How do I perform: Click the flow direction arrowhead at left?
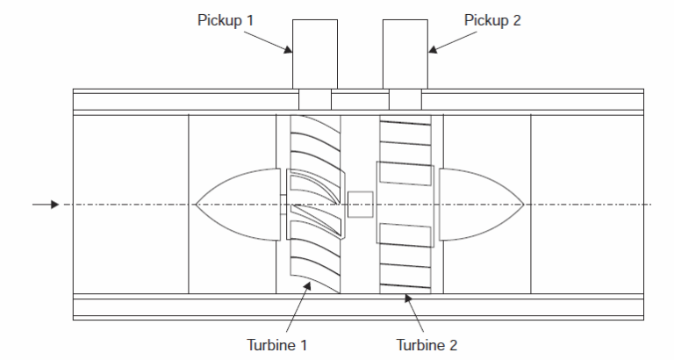(54, 205)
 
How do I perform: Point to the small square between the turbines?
(361, 205)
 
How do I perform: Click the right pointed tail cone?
(478, 205)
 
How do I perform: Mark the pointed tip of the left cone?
(197, 205)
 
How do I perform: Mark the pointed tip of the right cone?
(523, 205)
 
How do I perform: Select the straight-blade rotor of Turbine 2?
(405, 204)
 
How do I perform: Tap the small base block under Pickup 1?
(314, 97)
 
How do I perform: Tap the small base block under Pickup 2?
(405, 97)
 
